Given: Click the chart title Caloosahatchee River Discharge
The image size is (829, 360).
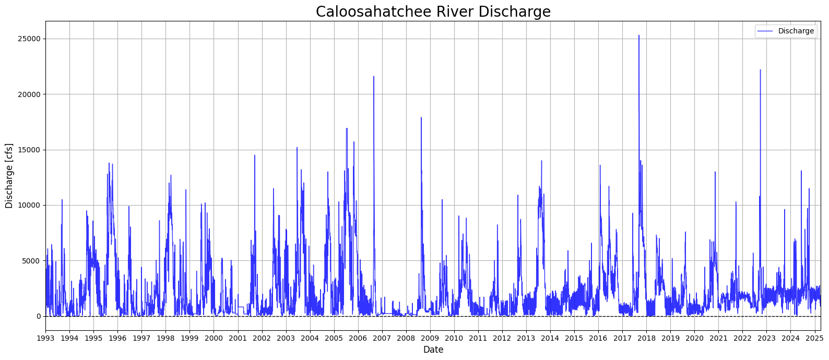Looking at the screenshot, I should click(433, 11).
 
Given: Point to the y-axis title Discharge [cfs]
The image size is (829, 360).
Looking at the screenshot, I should click(9, 176).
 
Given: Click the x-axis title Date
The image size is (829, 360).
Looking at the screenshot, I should click(433, 350).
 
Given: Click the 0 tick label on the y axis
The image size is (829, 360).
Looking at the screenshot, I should click(39, 317).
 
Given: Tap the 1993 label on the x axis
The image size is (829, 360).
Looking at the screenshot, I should click(46, 338).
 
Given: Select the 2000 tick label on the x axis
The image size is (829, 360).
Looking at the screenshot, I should click(214, 338).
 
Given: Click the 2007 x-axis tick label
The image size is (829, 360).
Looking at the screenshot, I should click(382, 338).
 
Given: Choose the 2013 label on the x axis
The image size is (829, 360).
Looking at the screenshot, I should click(526, 338).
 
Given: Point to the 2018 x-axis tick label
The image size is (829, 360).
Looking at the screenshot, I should click(646, 338).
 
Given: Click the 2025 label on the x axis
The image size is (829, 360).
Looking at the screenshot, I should click(814, 338).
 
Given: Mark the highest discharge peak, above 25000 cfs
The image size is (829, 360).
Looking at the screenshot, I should click(638, 35).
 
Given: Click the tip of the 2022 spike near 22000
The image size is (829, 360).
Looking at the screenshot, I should click(760, 70).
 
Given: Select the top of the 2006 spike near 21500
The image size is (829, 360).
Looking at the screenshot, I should click(374, 77).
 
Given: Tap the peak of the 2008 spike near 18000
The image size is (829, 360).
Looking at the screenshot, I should click(421, 117).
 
